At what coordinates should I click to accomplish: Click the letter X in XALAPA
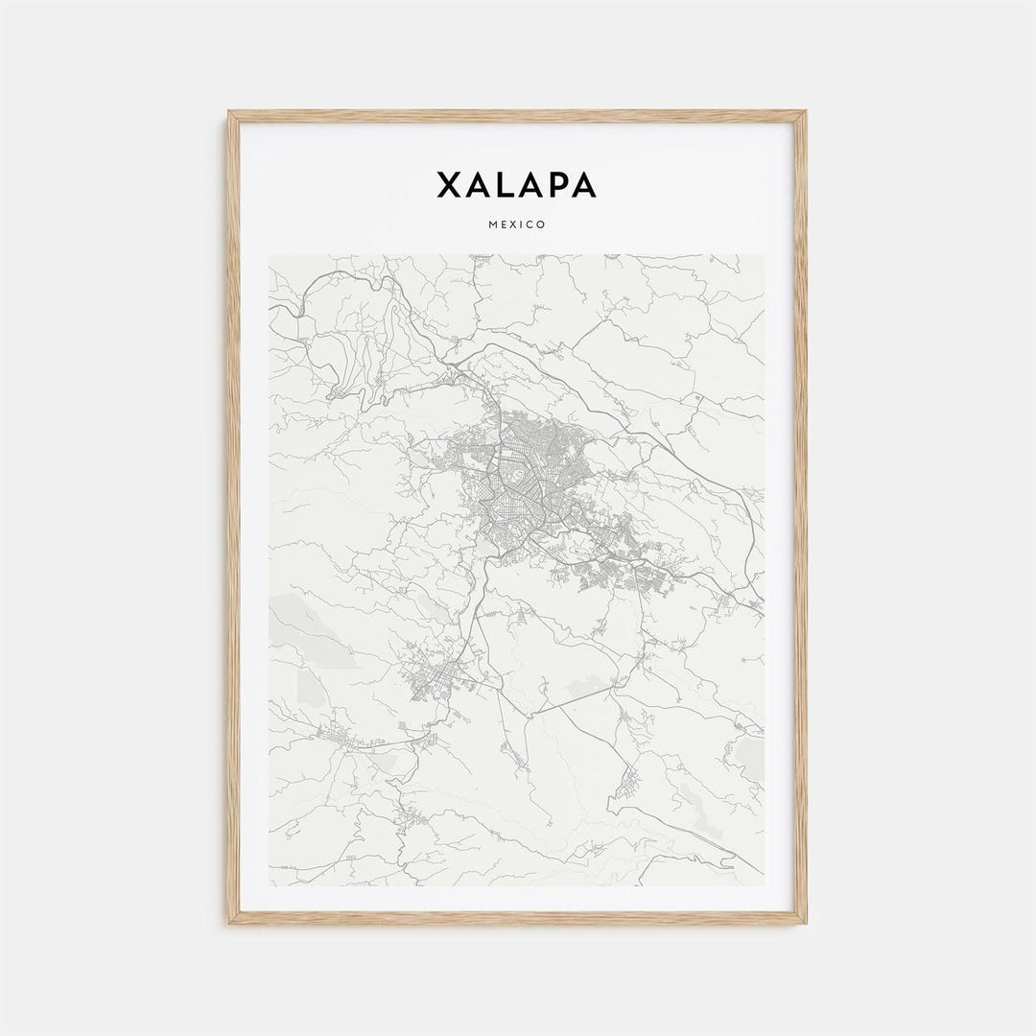pyautogui.click(x=450, y=185)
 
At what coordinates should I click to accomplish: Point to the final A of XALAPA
pyautogui.click(x=584, y=185)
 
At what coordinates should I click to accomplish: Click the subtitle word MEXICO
pyautogui.click(x=518, y=224)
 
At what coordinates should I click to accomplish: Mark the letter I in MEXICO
pyautogui.click(x=523, y=224)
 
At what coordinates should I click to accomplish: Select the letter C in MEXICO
pyautogui.click(x=530, y=224)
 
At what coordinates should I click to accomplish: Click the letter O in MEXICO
pyautogui.click(x=541, y=224)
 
